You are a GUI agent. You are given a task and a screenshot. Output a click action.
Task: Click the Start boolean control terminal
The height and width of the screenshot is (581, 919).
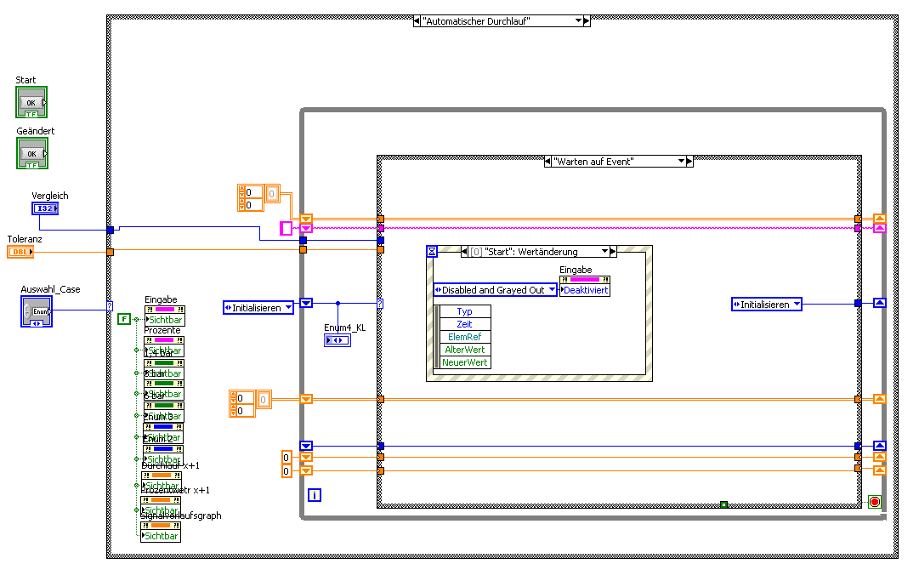pos(31,102)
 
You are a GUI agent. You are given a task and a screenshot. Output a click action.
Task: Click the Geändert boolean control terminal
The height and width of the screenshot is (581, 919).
pos(31,153)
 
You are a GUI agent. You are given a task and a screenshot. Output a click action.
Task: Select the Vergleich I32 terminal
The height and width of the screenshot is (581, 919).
pos(44,208)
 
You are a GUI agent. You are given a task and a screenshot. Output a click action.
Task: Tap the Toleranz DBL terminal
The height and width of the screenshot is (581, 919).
pos(20,252)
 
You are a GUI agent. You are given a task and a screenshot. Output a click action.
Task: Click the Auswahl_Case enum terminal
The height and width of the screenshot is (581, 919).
pos(37,311)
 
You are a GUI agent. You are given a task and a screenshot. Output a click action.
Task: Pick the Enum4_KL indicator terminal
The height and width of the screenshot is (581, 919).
pos(337,340)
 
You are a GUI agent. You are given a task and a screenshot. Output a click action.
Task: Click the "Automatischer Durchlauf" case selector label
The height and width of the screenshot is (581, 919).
pos(493,20)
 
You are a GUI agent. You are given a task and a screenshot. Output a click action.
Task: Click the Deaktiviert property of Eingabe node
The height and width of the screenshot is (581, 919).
pos(587,290)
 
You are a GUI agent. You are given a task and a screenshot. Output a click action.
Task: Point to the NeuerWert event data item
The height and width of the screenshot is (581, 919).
pos(465,362)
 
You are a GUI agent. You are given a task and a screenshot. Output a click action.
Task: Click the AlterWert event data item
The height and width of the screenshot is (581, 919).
pos(465,350)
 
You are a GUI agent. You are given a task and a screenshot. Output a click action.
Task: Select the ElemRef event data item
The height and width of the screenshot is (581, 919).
pos(465,337)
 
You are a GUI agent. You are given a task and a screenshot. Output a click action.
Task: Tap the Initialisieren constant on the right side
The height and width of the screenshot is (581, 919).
pos(766,304)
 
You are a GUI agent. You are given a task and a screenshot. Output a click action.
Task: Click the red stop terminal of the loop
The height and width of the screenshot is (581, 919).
pos(875,502)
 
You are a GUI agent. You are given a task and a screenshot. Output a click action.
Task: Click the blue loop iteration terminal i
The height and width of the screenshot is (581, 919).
pos(315,494)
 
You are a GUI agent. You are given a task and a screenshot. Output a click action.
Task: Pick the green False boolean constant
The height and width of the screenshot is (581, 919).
pos(124,319)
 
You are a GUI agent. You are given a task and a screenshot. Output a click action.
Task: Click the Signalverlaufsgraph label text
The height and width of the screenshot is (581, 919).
pos(180,515)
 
